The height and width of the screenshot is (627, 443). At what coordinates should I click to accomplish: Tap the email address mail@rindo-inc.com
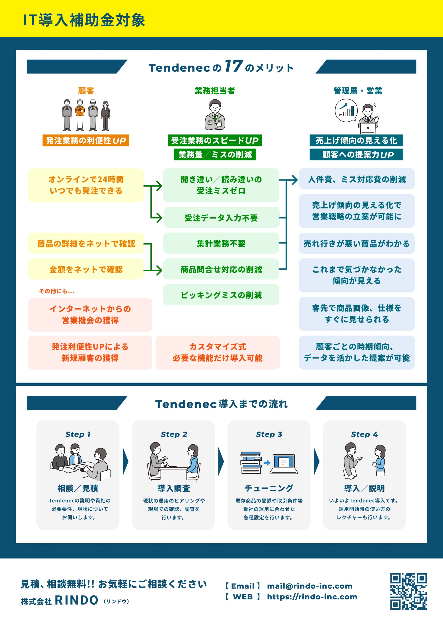coord(309,586)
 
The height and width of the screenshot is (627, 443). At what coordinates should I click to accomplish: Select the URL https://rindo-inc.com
coord(312,597)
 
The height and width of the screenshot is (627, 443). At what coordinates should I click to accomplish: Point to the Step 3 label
coord(269,434)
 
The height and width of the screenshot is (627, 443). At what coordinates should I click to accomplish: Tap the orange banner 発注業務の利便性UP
coord(85,140)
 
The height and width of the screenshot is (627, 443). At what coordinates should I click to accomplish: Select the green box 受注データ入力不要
coord(221,218)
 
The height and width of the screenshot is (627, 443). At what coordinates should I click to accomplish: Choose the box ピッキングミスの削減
coord(221,295)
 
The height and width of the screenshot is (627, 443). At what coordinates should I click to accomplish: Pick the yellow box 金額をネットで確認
coord(86,269)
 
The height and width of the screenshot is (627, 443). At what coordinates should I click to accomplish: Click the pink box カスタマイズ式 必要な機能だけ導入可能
coord(218,352)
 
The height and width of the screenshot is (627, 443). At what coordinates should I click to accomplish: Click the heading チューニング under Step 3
coord(269,488)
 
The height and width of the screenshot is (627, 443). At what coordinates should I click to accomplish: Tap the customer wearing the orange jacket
coord(80,115)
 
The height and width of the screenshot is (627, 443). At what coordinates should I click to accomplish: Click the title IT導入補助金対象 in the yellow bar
coord(84,20)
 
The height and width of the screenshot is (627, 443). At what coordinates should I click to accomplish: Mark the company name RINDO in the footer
coord(76,600)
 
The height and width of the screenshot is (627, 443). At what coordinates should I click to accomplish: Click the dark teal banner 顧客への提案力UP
coord(356,155)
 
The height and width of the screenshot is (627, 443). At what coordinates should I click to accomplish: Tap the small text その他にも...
coord(56,291)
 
